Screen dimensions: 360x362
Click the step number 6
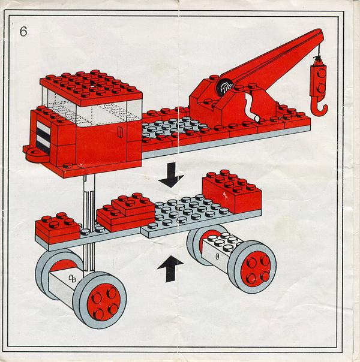point(23,31)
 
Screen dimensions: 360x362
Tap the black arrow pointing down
point(171,174)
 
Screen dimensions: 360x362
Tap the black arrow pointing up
point(170,269)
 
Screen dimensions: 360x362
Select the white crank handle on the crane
point(251,107)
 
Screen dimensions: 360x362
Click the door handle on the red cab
point(120,132)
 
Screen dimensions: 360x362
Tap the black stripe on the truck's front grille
point(43,134)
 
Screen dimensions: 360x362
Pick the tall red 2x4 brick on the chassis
point(232,192)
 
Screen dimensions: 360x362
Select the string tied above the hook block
point(319,53)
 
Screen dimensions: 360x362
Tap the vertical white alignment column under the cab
point(89,222)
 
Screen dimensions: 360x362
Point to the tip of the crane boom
point(319,32)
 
